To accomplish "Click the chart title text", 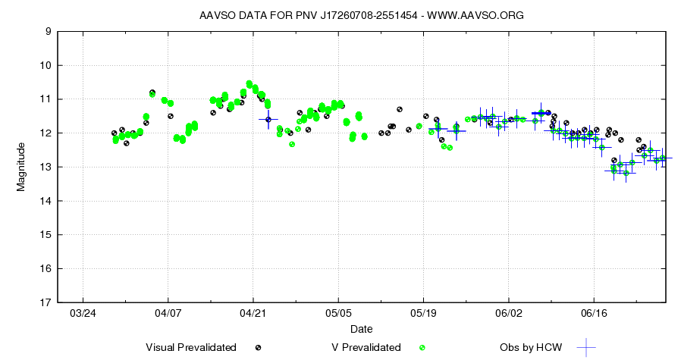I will coord(361,15).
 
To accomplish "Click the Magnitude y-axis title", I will coord(21,167).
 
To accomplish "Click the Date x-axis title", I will coord(361,329).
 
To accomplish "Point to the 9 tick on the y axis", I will coord(48,31).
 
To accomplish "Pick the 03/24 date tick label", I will coord(83,313).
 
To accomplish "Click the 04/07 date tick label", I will coord(168,313).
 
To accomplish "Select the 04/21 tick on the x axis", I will coord(253,313).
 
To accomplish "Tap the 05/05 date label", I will coord(338,313).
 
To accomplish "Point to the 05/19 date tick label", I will coord(423,313).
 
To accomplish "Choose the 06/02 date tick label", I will coord(509,313).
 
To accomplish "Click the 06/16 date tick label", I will coord(594,313).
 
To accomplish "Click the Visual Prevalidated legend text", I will coord(191,347).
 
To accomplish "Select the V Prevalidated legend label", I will coord(366,347).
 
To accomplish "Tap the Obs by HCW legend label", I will coord(531,347).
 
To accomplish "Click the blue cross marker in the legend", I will coord(585,347).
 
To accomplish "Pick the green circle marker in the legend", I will coord(422,347).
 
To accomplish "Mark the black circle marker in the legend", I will coord(259,347).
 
